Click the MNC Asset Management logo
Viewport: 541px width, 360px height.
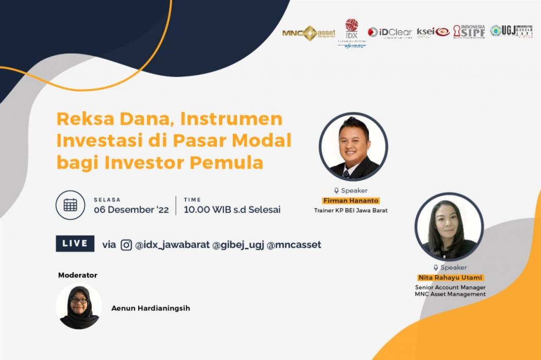[309, 33]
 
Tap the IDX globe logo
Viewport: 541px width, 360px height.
[351, 29]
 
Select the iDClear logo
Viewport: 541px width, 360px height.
[390, 32]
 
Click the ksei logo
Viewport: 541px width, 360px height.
[433, 31]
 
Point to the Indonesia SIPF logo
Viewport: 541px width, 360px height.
[469, 31]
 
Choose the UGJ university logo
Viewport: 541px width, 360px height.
[511, 31]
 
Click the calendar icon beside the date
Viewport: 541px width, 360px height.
[70, 205]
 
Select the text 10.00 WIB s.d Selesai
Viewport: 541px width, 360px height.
[232, 210]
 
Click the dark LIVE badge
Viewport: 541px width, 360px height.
[75, 244]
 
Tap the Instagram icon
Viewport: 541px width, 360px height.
[126, 245]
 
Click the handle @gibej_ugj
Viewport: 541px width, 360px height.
[238, 245]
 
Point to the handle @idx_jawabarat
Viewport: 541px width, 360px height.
[172, 245]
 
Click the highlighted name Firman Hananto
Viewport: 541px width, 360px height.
[350, 200]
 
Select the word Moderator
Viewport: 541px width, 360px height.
[78, 275]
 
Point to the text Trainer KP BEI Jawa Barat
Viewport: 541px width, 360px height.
[350, 210]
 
